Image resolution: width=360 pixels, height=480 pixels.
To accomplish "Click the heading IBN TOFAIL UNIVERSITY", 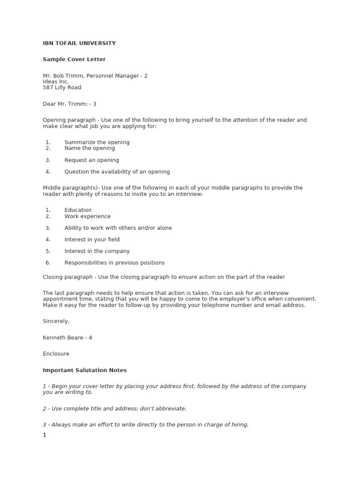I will pos(79,43).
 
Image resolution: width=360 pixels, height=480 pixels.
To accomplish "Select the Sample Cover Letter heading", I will pos(74,59).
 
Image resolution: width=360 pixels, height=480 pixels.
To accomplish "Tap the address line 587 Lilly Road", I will pos(62,87).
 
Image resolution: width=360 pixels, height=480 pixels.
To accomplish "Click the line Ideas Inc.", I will pos(56,82).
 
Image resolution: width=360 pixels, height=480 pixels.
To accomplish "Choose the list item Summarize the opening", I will pos(97,142).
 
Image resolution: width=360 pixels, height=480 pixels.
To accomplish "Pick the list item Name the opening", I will pos(90,148).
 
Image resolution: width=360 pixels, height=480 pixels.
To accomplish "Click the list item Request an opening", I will pos(92,160).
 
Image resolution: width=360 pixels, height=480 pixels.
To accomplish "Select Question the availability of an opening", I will pos(117,172).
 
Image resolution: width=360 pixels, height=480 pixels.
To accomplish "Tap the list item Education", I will pos(78,210).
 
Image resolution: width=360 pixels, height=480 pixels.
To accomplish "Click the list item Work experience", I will pos(88,216).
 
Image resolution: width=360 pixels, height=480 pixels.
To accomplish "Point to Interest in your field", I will pos(92,240).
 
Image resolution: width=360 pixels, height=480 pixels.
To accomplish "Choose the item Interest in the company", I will pos(97,251).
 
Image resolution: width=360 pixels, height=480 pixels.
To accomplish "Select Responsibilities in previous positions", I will pos(114,262).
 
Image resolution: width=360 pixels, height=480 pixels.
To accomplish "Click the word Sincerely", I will pos(56,321).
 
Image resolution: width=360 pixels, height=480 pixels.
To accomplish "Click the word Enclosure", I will pos(56,353).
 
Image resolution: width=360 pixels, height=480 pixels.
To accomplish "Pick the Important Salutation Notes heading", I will pos(85,370).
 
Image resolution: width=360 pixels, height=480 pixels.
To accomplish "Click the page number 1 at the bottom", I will pos(45,435).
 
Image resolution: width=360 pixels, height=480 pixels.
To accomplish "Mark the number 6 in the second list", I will pos(48,262).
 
